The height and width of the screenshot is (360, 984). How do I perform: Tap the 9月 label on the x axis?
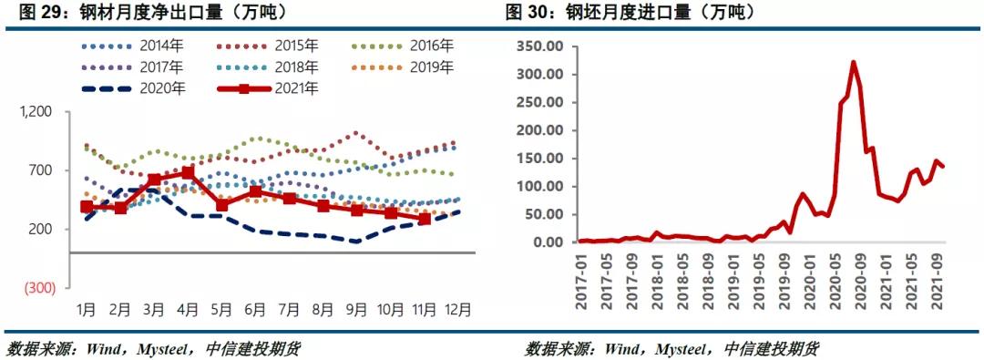pyautogui.click(x=356, y=310)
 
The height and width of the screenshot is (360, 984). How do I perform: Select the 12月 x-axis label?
pyautogui.click(x=457, y=310)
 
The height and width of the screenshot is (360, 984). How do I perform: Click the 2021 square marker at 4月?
pyautogui.click(x=188, y=172)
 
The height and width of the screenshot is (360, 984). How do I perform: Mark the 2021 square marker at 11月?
pyautogui.click(x=424, y=219)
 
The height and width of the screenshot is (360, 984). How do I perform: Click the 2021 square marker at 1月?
pyautogui.click(x=87, y=207)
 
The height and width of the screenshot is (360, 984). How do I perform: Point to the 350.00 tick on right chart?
pyautogui.click(x=540, y=46)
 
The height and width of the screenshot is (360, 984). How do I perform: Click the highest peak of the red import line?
pyautogui.click(x=853, y=62)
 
